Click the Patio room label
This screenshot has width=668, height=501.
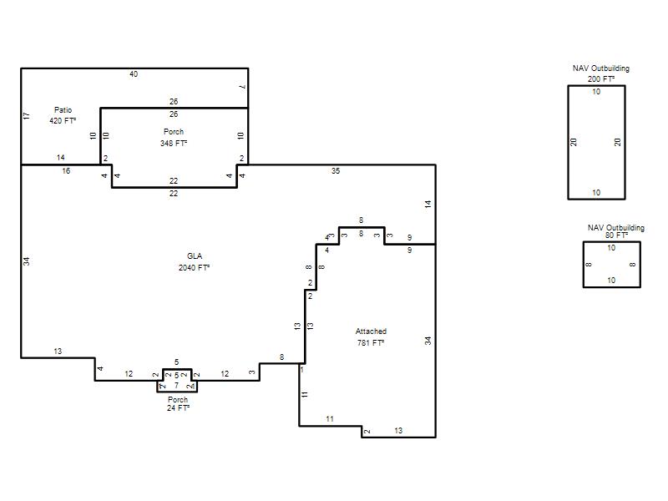63,110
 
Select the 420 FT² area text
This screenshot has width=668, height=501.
63,120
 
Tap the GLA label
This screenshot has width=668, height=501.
195,256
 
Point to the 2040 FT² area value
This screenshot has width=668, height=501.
195,267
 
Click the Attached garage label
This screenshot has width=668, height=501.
371,331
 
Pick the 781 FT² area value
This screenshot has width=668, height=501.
371,342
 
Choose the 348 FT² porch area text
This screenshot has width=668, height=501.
174,143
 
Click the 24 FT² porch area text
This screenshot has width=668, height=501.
178,408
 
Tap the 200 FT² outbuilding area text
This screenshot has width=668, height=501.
601,78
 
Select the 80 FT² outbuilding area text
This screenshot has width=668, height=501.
616,235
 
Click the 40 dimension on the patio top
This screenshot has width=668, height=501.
134,74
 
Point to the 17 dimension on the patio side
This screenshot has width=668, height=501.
27,116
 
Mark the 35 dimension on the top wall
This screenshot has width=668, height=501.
336,171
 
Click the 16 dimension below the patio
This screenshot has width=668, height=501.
66,171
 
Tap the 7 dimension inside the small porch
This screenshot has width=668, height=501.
177,386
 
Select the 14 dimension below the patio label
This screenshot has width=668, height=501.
60,158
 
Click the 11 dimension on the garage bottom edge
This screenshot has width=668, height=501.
330,419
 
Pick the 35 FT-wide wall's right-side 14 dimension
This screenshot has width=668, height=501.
428,204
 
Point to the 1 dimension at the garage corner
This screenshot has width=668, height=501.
302,370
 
